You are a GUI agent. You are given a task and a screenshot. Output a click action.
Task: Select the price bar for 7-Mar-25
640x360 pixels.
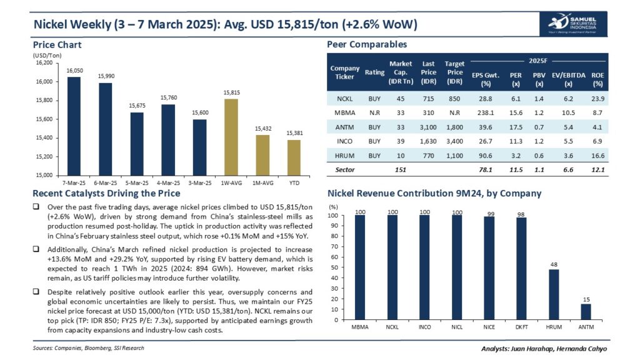(x=74, y=126)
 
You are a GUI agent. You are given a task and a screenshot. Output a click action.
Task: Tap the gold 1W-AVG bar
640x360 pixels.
(x=231, y=137)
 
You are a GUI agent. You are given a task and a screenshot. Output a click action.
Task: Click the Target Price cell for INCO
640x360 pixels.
(x=454, y=141)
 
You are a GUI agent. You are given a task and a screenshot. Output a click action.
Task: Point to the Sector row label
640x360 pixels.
(x=341, y=169)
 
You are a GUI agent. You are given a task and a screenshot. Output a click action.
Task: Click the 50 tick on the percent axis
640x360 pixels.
(x=334, y=268)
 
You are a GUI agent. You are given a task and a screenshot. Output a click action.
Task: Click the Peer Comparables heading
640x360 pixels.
(x=367, y=44)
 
